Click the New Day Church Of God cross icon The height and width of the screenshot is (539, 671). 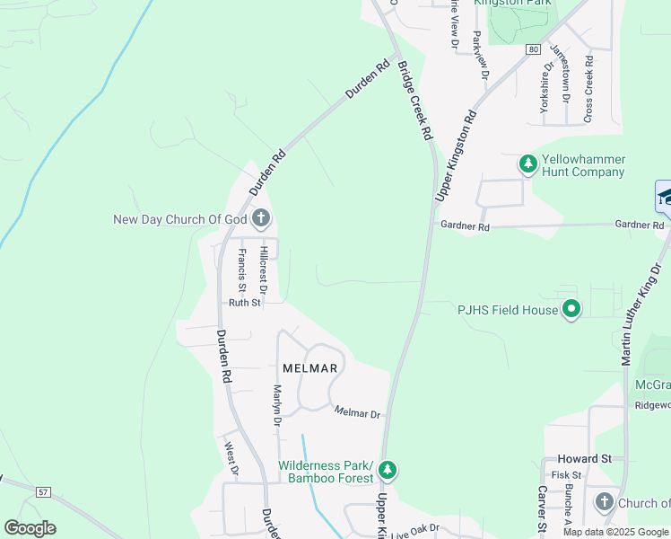pos(261,218)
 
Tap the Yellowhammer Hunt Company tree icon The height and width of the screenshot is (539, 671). pos(528,164)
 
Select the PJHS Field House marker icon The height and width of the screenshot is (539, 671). pos(571,310)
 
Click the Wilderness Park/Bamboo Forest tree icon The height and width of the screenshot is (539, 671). pos(388,470)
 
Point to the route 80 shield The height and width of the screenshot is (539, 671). pos(534,50)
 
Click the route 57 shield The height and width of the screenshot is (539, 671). pos(42,492)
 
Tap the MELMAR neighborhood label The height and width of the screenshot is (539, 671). pos(309,368)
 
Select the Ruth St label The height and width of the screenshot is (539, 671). pos(244,303)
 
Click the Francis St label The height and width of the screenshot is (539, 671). pos(241,268)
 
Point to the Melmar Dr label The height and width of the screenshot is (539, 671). pos(358,413)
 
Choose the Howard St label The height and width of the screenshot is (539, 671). pos(584,458)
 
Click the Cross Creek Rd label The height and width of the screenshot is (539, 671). pos(588,90)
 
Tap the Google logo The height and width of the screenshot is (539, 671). pos(30,528)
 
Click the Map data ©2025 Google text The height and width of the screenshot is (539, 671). pos(615,532)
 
